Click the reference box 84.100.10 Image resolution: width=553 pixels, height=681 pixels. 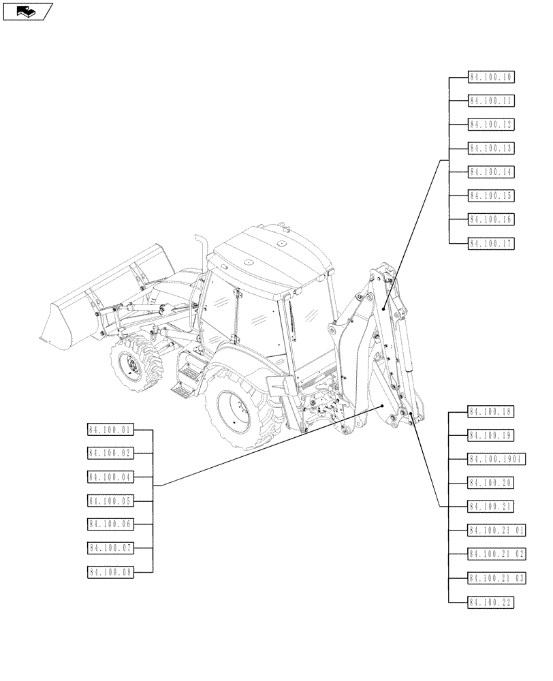click(491, 77)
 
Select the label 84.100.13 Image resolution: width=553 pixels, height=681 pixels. click(491, 148)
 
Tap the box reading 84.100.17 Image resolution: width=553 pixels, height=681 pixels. click(491, 244)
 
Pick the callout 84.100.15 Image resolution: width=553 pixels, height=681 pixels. click(491, 196)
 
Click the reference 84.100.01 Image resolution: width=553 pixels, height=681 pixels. click(110, 430)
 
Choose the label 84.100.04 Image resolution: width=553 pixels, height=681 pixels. click(110, 477)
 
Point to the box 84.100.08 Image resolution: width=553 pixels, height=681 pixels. click(110, 572)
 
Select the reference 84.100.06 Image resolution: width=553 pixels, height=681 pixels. click(110, 524)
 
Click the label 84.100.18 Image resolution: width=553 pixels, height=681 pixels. click(491, 411)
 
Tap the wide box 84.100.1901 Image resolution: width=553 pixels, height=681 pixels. click(495, 459)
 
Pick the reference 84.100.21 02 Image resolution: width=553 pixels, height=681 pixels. click(496, 554)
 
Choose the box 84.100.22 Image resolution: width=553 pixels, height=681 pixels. click(491, 601)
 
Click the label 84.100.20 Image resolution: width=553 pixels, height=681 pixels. click(491, 483)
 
